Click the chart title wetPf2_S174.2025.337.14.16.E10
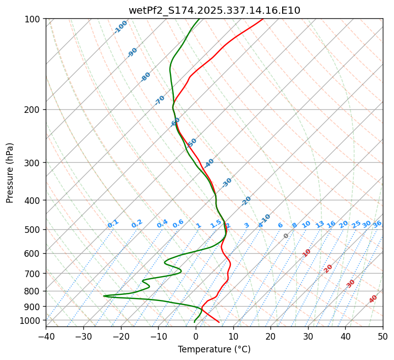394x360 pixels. tap(214, 10)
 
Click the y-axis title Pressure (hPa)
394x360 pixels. tap(10, 172)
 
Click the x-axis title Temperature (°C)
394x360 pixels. tap(214, 350)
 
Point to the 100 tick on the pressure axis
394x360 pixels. tap(34, 19)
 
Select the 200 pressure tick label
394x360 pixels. tap(34, 109)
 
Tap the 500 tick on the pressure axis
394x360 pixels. tap(34, 229)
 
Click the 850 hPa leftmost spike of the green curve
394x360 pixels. tap(104, 296)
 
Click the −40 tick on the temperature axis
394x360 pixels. tap(46, 336)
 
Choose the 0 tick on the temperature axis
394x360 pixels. tap(196, 336)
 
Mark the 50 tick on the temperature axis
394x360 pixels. tap(383, 336)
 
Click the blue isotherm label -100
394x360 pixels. tap(120, 27)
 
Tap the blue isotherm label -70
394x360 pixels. tap(160, 100)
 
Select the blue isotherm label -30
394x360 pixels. tap(227, 183)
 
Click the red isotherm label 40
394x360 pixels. tap(373, 299)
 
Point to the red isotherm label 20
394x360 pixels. tap(328, 268)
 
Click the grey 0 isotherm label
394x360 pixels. tap(286, 236)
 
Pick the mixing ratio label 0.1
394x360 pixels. tap(113, 223)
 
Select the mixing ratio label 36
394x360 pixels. tap(377, 224)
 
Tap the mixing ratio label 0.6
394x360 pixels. tap(178, 224)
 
